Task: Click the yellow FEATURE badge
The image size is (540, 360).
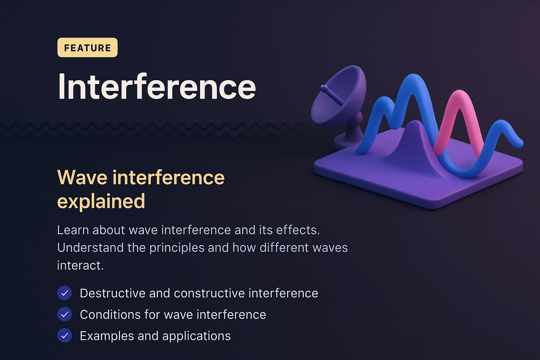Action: click(x=87, y=47)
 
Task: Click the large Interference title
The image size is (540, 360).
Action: click(x=157, y=87)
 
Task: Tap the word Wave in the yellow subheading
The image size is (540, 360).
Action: click(x=82, y=177)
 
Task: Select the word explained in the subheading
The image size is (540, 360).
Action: click(x=101, y=201)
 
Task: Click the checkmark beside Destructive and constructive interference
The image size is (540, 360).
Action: click(x=64, y=293)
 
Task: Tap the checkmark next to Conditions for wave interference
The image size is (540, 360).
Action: click(x=64, y=314)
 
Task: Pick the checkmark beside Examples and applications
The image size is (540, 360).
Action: click(x=64, y=336)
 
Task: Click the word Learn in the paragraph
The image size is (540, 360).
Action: click(x=73, y=230)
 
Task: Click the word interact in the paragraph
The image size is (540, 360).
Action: click(x=80, y=265)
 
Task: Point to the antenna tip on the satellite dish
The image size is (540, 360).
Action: click(x=324, y=88)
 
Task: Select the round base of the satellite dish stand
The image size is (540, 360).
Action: click(x=346, y=143)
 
